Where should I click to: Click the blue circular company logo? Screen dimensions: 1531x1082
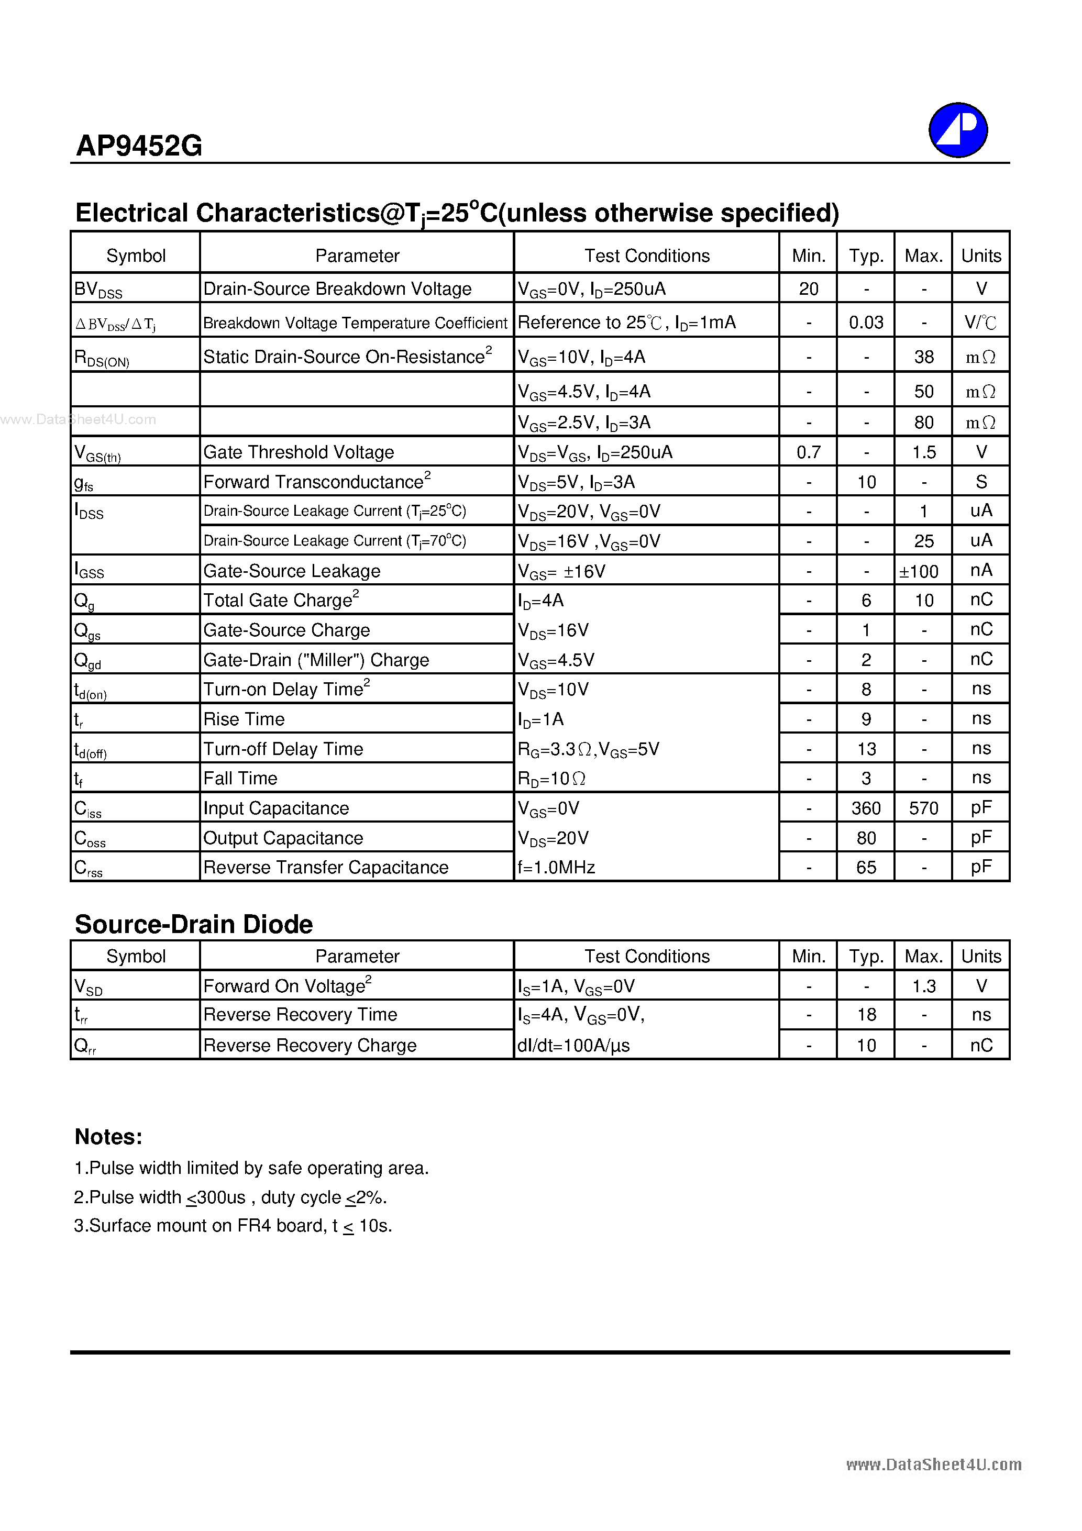(958, 130)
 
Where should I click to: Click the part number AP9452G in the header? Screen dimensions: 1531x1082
(139, 146)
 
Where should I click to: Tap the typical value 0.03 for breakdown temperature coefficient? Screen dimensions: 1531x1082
(866, 323)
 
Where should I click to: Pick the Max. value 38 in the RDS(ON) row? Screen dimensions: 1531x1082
(923, 357)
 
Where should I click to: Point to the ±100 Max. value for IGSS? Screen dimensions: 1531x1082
(919, 571)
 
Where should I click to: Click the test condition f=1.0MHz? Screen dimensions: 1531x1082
(556, 867)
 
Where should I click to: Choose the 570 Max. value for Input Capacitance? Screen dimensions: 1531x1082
(923, 808)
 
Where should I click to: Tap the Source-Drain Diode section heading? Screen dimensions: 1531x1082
(193, 924)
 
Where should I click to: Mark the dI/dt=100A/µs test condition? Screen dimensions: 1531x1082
(573, 1045)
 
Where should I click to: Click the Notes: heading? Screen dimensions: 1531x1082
(108, 1136)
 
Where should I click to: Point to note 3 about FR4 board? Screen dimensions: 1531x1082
(233, 1226)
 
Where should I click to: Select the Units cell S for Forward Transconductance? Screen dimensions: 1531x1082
(980, 481)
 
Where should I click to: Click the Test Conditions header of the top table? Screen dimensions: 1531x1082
(646, 256)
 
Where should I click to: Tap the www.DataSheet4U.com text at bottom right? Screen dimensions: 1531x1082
(933, 1465)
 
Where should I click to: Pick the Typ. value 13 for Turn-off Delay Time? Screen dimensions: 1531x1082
(866, 749)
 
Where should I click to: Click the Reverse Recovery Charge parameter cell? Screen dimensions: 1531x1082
(310, 1045)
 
